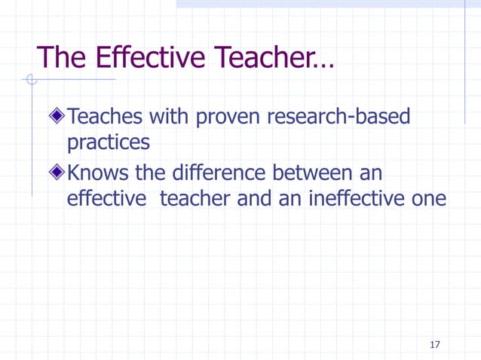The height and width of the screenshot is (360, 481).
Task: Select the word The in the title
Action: click(x=61, y=57)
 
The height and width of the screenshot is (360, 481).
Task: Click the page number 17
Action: click(x=434, y=345)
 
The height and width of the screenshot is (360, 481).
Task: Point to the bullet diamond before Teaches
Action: click(x=57, y=117)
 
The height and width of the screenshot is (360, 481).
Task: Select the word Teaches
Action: click(x=105, y=117)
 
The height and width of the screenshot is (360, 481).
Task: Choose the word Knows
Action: click(x=99, y=174)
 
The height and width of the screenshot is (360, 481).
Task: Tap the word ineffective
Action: click(x=360, y=200)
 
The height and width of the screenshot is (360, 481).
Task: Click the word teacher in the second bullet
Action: click(x=195, y=200)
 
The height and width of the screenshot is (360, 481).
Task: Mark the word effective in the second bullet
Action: click(x=106, y=200)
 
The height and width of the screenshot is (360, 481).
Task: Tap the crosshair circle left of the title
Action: click(x=31, y=79)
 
